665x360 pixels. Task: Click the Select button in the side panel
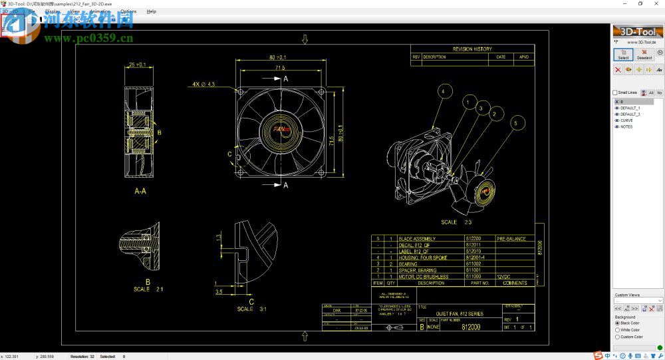[623, 54]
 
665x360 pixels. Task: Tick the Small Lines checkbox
[615, 92]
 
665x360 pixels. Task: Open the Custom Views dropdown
[638, 301]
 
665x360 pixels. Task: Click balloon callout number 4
[445, 90]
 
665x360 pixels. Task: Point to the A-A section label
[140, 190]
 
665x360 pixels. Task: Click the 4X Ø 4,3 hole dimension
[203, 85]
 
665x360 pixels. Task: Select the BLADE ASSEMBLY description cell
[416, 239]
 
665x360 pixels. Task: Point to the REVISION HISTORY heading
[472, 49]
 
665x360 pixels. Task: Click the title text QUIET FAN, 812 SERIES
[460, 313]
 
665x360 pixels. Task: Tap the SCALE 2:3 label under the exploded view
[456, 222]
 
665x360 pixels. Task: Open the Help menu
[151, 11]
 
